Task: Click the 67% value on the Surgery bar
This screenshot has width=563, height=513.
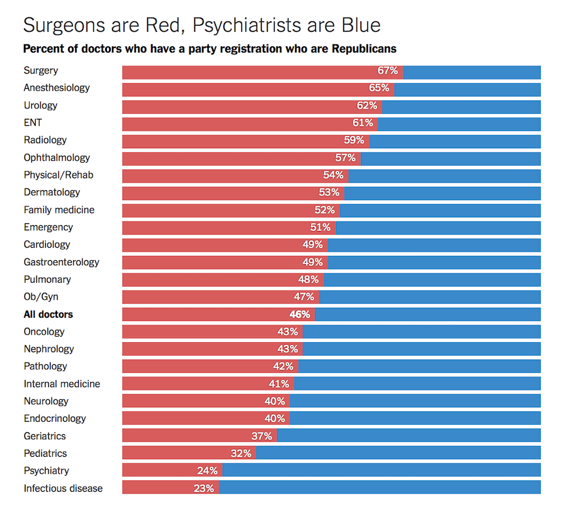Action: pyautogui.click(x=387, y=71)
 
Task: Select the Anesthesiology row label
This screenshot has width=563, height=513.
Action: pyautogui.click(x=57, y=88)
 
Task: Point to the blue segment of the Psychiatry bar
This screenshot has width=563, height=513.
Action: pyautogui.click(x=382, y=470)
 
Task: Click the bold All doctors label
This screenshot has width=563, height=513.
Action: pyautogui.click(x=48, y=314)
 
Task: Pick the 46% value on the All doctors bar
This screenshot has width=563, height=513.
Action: pyautogui.click(x=300, y=314)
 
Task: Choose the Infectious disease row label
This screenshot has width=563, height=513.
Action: pyautogui.click(x=63, y=488)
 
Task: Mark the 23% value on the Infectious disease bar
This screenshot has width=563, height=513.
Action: pyautogui.click(x=204, y=488)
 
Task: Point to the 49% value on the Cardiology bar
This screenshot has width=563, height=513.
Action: pyautogui.click(x=312, y=245)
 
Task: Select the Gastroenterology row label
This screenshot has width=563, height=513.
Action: pyautogui.click(x=61, y=262)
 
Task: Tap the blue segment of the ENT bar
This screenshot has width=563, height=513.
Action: pyautogui.click(x=459, y=123)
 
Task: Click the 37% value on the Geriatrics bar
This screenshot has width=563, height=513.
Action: pyautogui.click(x=261, y=436)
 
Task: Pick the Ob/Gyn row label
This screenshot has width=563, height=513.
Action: pyautogui.click(x=41, y=297)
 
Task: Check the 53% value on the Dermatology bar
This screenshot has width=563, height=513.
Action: pyautogui.click(x=329, y=193)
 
